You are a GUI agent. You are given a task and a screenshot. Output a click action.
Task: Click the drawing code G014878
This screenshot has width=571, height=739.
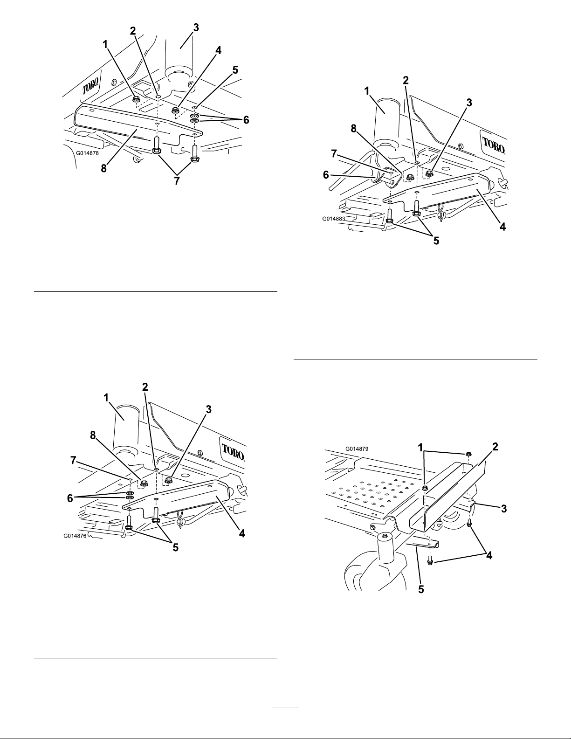(x=87, y=153)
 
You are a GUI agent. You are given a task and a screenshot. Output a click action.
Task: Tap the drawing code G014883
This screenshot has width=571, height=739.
(x=334, y=219)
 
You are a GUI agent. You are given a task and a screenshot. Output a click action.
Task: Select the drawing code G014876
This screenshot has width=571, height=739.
(x=75, y=536)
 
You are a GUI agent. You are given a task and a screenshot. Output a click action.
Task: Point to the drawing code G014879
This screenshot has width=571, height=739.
(x=357, y=449)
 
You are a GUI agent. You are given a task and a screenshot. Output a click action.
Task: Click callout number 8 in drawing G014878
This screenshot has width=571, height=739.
(x=103, y=168)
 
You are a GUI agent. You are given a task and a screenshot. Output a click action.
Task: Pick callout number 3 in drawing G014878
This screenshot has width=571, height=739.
(x=196, y=28)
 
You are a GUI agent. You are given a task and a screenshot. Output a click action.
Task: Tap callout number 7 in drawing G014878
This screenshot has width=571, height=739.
(x=176, y=181)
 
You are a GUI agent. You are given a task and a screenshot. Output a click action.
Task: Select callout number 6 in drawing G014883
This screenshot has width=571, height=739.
(x=326, y=175)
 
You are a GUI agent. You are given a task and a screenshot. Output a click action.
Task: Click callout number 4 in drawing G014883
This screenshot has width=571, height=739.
(x=502, y=227)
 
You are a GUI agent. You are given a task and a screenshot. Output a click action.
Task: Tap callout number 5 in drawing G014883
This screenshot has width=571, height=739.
(x=436, y=241)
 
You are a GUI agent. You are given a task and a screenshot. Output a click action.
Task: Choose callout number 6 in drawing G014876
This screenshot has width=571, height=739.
(x=69, y=498)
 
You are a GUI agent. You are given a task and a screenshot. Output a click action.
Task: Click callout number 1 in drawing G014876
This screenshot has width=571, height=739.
(x=106, y=397)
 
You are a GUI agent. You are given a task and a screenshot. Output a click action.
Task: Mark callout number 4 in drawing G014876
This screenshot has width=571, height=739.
(x=241, y=533)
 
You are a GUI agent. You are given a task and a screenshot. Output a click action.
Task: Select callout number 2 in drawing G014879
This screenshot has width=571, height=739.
(x=495, y=447)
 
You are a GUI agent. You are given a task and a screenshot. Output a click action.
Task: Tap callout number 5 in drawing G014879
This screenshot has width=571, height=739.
(x=421, y=589)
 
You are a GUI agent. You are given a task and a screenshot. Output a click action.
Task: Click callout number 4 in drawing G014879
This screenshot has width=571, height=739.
(x=488, y=555)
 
